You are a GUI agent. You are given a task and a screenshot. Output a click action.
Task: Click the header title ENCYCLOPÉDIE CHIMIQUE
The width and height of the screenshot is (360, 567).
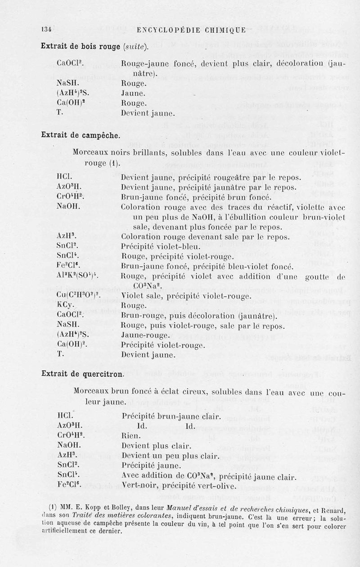pos(191,31)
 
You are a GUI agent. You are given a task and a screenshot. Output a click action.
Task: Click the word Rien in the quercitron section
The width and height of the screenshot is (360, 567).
pos(130,435)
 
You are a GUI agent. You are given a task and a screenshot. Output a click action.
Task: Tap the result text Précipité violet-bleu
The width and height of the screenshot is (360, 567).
pos(157,246)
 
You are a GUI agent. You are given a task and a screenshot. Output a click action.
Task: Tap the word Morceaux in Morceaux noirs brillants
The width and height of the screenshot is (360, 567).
pos(91,152)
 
